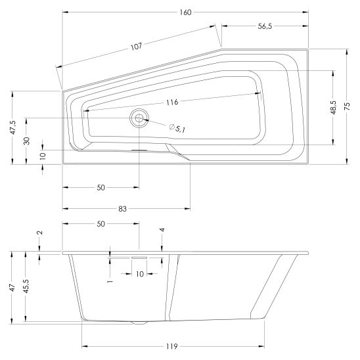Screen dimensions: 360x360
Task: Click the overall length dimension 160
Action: click(185, 12)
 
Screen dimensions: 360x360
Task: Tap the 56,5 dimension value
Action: click(265, 26)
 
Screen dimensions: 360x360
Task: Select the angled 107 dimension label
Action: click(137, 47)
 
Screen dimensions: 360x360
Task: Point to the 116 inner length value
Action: click(172, 102)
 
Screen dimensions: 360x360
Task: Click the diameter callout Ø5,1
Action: click(177, 128)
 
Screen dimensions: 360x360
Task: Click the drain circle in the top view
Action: click(139, 118)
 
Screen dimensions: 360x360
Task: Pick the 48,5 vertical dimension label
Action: click(334, 108)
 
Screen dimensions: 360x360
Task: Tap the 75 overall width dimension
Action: click(347, 106)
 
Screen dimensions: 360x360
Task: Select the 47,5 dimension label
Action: click(13, 127)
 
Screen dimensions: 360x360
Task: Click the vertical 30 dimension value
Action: click(27, 141)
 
